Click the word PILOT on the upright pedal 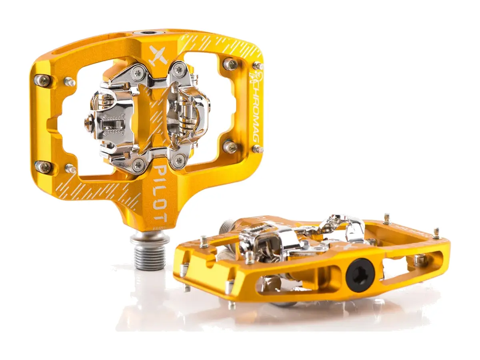[161, 194]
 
